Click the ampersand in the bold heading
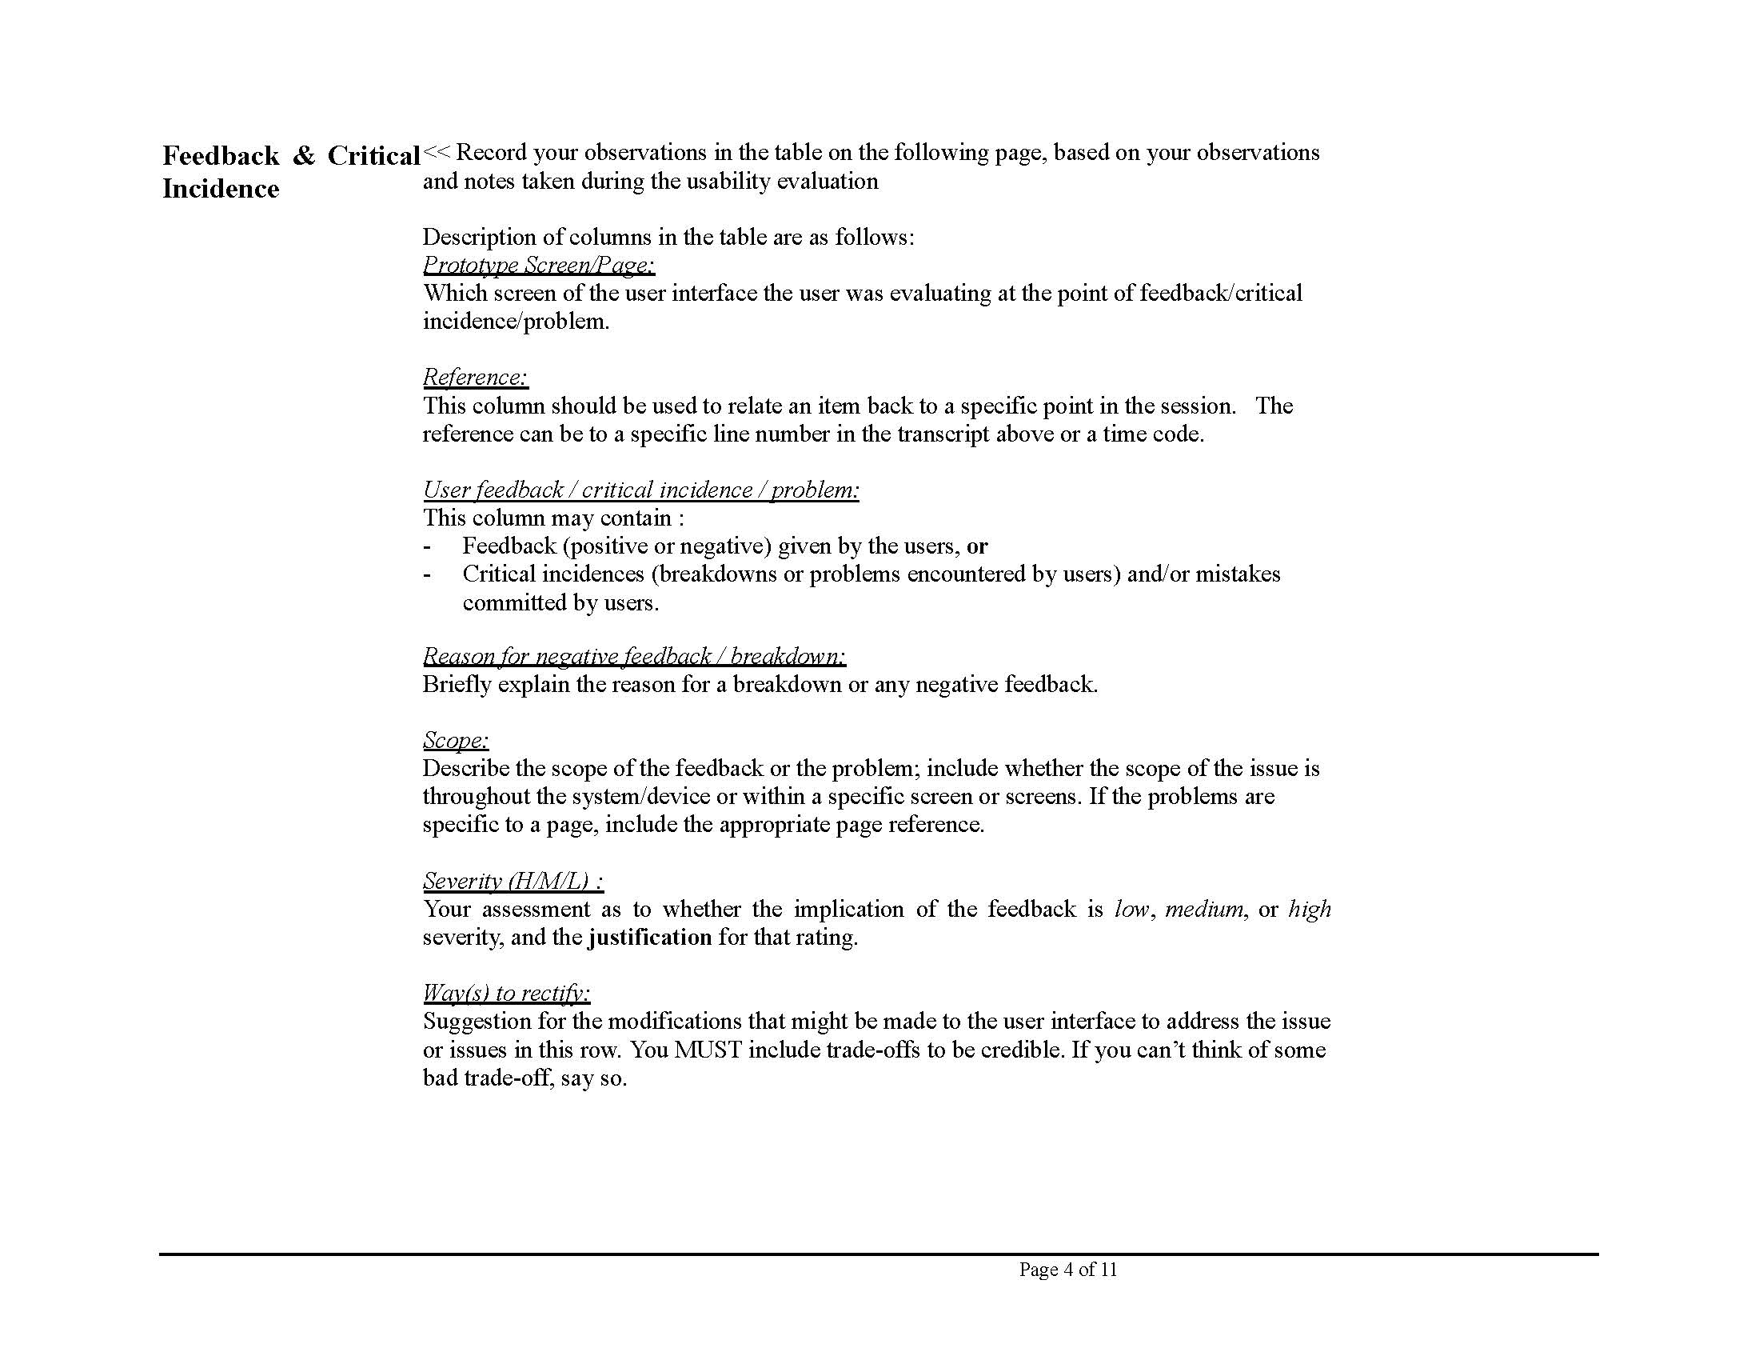[x=304, y=155]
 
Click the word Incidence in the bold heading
[x=221, y=189]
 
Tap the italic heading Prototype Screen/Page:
[x=538, y=264]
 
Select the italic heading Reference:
[x=475, y=377]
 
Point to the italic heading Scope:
[x=455, y=740]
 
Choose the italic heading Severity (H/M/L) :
[x=513, y=881]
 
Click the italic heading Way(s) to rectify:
[x=506, y=993]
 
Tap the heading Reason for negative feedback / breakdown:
[x=634, y=656]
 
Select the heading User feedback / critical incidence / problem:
[x=640, y=490]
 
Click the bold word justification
[x=650, y=937]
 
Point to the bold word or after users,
[x=977, y=546]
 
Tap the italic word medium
[x=1204, y=910]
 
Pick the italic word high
[x=1310, y=910]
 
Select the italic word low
[x=1131, y=910]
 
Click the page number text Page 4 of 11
[x=1068, y=1270]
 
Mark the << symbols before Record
[x=436, y=152]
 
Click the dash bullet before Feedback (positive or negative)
[x=427, y=547]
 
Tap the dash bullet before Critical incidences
[x=427, y=575]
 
